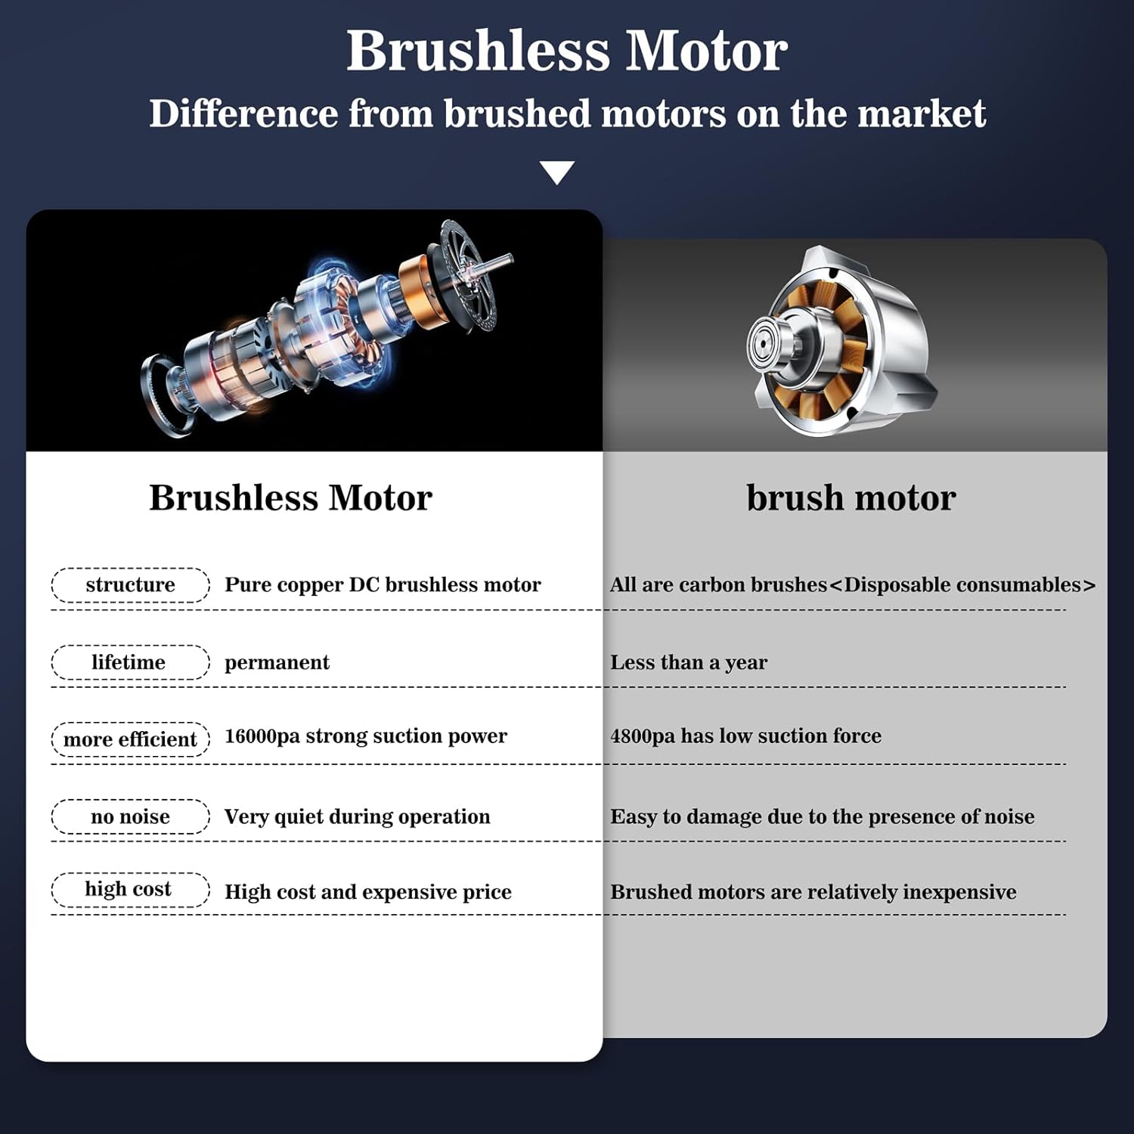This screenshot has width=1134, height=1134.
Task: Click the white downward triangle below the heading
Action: (557, 172)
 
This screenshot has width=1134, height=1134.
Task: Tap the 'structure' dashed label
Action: (130, 585)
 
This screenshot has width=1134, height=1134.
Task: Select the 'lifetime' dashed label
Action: (130, 662)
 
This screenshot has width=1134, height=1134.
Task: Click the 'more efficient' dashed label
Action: (130, 739)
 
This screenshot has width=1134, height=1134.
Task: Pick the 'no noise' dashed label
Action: (130, 816)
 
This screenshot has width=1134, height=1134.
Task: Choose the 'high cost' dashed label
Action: (130, 890)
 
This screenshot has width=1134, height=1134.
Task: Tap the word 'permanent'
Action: (277, 663)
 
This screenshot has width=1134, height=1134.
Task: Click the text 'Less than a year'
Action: (689, 663)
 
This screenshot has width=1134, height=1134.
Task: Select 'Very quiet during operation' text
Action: (357, 816)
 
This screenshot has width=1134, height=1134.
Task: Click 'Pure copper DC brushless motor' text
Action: (383, 585)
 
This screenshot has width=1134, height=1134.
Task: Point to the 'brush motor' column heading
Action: (851, 497)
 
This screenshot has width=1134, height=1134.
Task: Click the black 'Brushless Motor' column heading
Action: (290, 497)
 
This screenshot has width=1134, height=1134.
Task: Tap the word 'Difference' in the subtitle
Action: (243, 113)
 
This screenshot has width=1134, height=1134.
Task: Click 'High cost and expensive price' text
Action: (368, 893)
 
